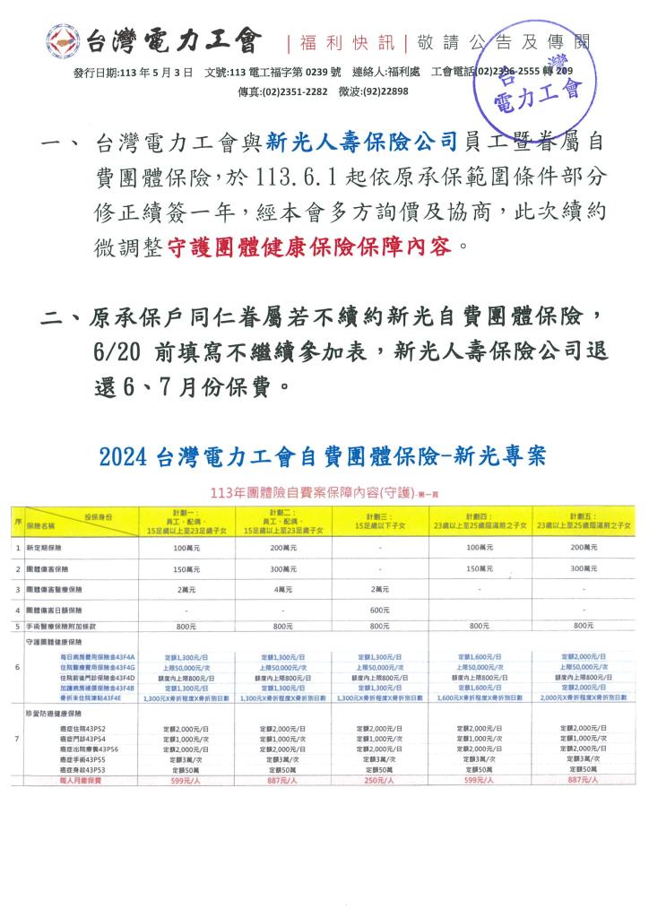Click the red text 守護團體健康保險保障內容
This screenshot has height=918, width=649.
(x=312, y=246)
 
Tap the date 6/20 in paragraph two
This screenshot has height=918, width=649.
(x=116, y=351)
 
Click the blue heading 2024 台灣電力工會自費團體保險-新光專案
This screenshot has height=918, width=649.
(x=324, y=457)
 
